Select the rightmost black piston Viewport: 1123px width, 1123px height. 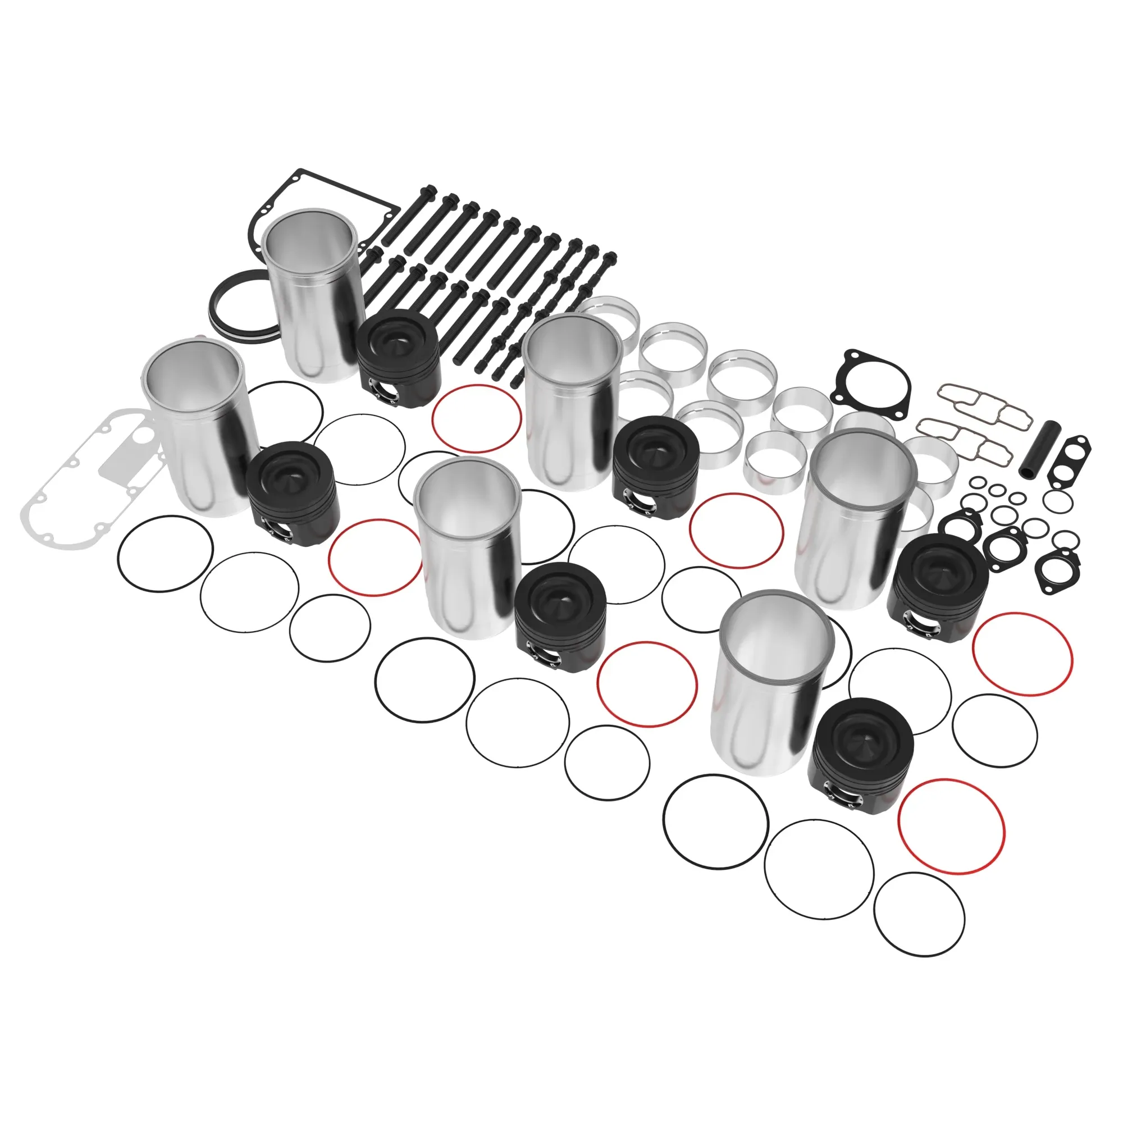click(x=937, y=588)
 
